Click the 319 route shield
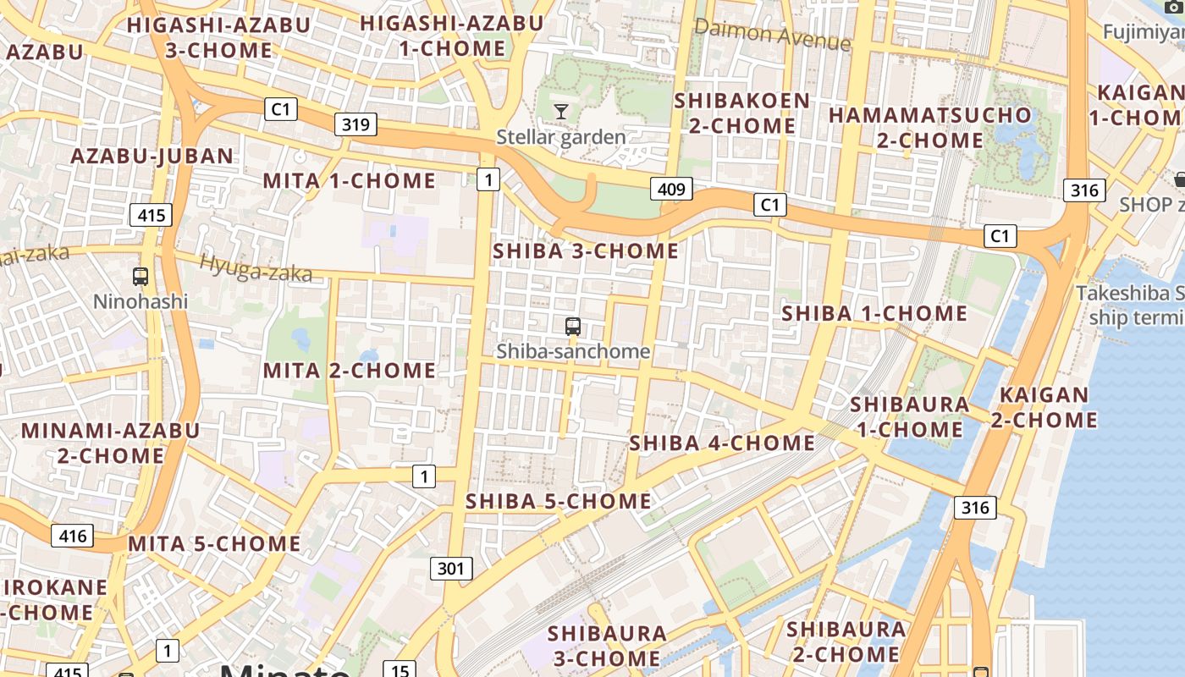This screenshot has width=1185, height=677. pos(355,125)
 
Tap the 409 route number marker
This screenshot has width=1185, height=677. pos(671,189)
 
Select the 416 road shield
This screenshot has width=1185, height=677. pos(72,535)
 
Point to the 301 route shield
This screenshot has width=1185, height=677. pos(450,569)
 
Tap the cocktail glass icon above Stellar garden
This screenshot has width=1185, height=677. pos(560,111)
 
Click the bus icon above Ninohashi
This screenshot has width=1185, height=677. pos(141,276)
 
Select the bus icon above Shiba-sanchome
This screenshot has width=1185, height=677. pos(573,326)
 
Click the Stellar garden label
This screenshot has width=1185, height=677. pos(561,137)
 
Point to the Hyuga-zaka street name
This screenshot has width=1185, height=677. pos(256,269)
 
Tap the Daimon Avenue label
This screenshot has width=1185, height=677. pos(772,36)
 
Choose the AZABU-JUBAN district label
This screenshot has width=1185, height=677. pos(152,156)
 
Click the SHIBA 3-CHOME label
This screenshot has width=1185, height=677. pos(586,250)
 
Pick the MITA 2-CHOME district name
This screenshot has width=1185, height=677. pos(350,371)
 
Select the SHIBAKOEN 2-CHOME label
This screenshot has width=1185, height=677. pos(742,113)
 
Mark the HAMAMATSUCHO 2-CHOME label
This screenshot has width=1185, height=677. pos(930,127)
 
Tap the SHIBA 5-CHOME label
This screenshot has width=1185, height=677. pos(559,501)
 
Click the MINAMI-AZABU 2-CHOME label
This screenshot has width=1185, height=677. pos(110,443)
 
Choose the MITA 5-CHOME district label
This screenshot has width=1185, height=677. pos(214,543)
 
